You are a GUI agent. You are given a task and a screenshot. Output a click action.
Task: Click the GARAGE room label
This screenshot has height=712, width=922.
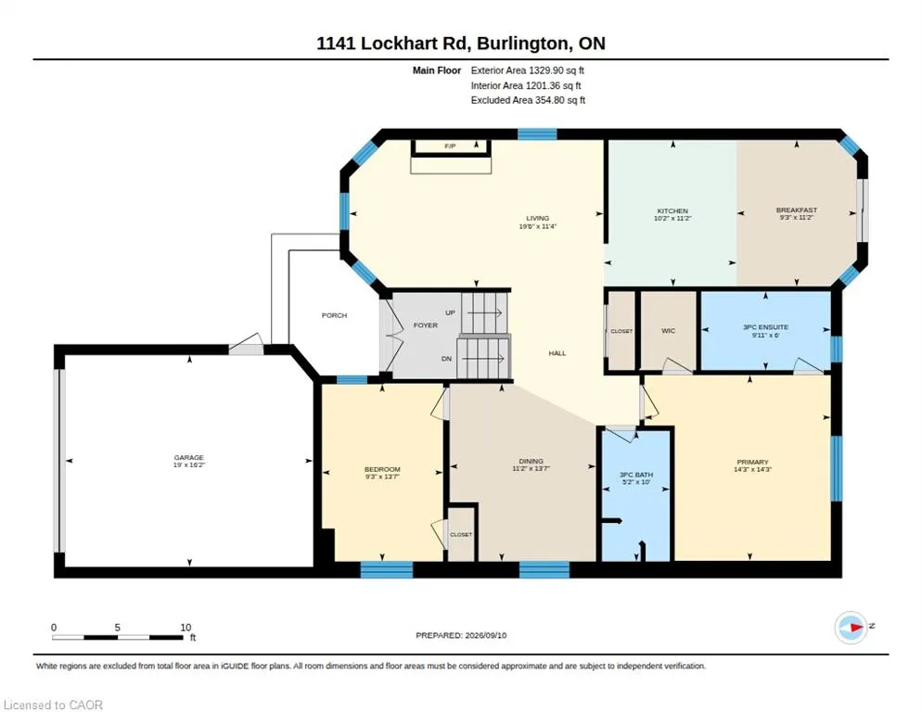188,457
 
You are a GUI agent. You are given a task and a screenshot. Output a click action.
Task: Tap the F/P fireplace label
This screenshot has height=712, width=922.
450,146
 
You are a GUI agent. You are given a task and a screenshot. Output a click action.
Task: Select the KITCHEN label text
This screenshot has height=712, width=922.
672,210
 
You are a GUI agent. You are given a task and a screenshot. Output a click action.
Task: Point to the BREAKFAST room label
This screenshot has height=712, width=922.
796,210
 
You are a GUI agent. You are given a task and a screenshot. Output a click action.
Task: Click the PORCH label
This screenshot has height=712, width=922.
334,315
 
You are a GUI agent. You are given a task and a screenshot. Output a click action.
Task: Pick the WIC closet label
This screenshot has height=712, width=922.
668,330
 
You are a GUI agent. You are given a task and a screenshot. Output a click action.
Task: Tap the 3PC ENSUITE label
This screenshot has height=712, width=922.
765,327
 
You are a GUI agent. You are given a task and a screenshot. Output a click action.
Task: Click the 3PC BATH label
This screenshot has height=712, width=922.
636,475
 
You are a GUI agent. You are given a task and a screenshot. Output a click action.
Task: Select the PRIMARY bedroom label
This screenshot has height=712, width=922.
752,462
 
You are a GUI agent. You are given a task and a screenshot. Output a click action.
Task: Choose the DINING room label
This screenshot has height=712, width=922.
531,461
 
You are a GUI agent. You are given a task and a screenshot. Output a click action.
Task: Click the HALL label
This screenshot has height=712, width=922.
557,353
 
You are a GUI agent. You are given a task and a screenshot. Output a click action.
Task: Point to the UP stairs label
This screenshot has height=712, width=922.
451,312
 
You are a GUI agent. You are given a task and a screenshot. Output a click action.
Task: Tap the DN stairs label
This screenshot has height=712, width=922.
447,359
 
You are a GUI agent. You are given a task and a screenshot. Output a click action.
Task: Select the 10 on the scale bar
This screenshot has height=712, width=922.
186,628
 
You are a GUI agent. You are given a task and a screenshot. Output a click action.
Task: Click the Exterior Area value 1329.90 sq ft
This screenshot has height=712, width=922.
557,70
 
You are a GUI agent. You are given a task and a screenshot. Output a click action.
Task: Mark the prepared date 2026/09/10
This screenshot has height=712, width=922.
486,635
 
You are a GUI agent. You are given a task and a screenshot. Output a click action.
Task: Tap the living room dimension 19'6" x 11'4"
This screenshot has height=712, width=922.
537,226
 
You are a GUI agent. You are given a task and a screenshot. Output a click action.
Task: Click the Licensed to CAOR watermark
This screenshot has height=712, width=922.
53,705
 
